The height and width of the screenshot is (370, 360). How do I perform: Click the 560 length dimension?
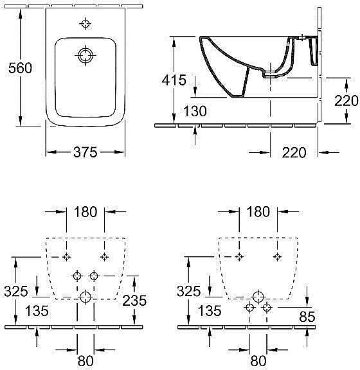click(20, 68)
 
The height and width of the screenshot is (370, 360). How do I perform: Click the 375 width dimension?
click(85, 152)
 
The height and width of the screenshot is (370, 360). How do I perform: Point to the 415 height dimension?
click(174, 80)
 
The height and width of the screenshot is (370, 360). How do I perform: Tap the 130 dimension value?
click(195, 111)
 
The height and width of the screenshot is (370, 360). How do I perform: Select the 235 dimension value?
click(134, 301)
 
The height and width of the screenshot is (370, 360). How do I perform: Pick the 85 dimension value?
click(307, 317)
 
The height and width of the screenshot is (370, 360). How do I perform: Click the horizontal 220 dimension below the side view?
click(294, 152)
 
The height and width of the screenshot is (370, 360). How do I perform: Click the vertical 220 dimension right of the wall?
click(346, 101)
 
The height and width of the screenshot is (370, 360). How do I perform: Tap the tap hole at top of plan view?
click(85, 24)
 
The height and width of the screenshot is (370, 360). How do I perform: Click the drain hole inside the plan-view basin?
click(85, 55)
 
